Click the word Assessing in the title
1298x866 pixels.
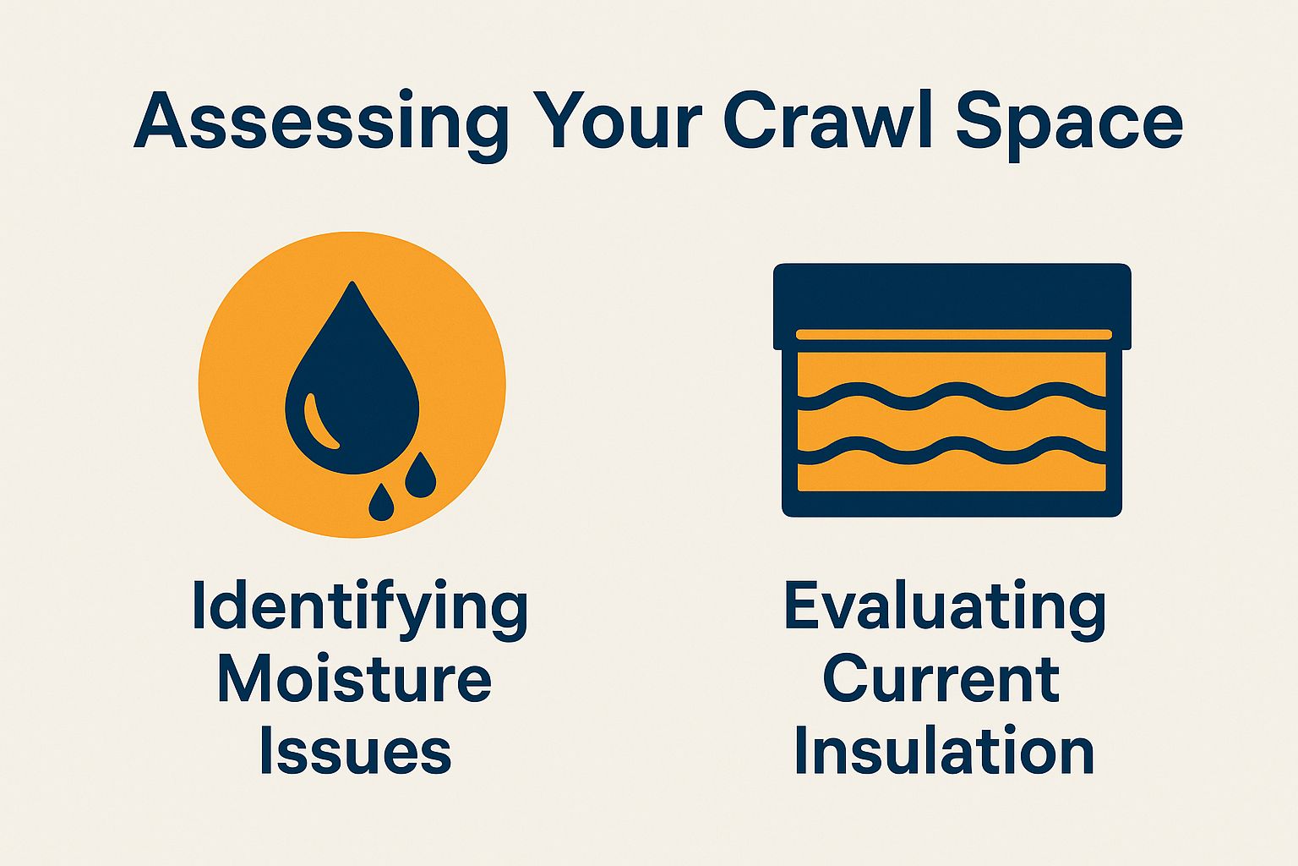321,123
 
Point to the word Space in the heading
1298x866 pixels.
1068,123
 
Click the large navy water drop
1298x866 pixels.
353,397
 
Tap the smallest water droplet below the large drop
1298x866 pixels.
381,505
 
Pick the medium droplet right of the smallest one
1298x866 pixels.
420,478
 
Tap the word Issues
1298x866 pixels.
355,751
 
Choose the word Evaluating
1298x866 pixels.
945,607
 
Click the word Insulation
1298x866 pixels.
944,751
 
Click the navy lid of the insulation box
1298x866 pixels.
952,296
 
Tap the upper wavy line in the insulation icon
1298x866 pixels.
952,397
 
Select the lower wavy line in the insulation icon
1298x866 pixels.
952,452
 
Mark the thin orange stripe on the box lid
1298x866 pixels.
953,335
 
